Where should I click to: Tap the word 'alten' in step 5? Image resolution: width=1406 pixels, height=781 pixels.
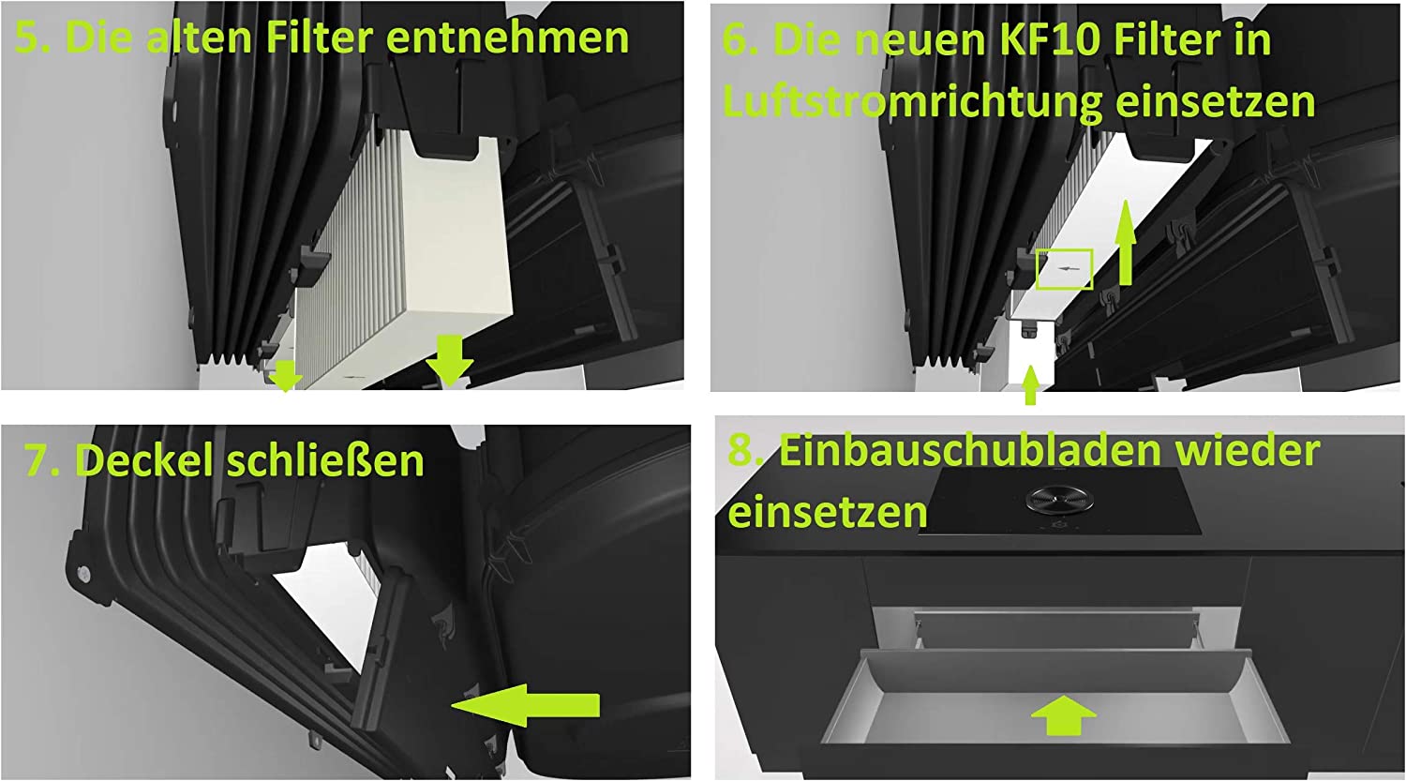click(199, 37)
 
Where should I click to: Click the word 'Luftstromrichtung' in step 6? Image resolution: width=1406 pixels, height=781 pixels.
click(913, 102)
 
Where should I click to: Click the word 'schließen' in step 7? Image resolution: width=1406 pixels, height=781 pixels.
click(325, 460)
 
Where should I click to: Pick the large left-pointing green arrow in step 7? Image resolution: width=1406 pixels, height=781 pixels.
click(525, 705)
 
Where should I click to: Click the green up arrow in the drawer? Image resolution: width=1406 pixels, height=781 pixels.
click(1063, 714)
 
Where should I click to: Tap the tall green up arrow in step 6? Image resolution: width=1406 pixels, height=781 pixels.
click(1126, 242)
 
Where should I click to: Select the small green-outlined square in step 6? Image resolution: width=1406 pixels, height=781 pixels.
click(1065, 269)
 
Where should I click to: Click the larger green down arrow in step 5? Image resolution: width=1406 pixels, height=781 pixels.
click(449, 360)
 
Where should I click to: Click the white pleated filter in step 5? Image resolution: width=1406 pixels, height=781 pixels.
click(402, 251)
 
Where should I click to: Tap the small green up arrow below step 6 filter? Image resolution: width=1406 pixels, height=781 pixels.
click(1030, 384)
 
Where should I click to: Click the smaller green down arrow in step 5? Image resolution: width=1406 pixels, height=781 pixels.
click(286, 375)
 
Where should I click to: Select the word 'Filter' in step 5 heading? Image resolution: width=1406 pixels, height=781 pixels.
click(320, 38)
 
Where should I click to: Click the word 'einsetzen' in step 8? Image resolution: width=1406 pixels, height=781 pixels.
click(828, 512)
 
